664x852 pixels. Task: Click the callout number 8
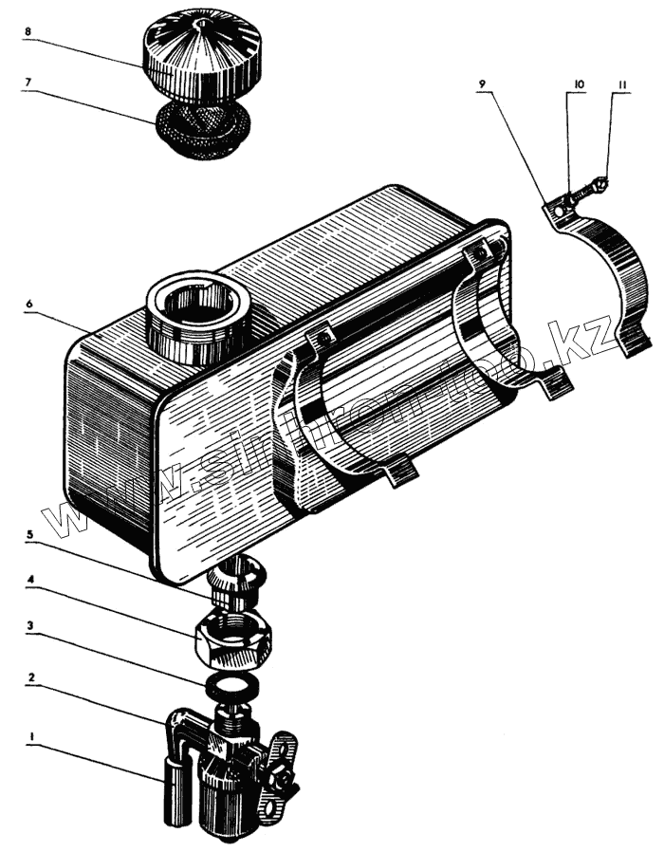[x=28, y=31]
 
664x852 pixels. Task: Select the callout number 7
[x=28, y=83]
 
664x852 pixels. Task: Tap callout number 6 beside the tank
[x=29, y=303]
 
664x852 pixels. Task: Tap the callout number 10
[x=579, y=85]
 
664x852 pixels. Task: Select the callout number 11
[x=622, y=85]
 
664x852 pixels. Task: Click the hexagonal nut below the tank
[x=232, y=638]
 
